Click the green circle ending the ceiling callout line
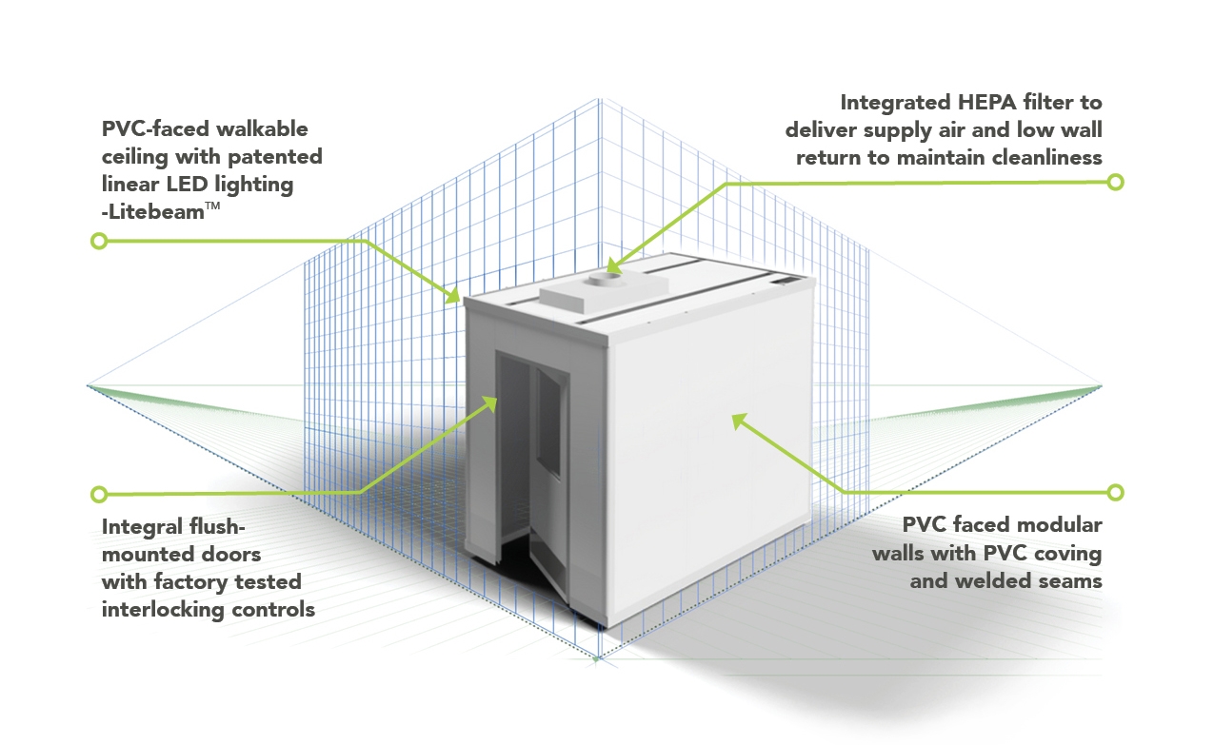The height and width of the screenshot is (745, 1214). tap(99, 241)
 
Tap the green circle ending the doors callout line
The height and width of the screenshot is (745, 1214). tap(99, 494)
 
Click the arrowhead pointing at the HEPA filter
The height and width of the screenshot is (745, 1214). tap(613, 265)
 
